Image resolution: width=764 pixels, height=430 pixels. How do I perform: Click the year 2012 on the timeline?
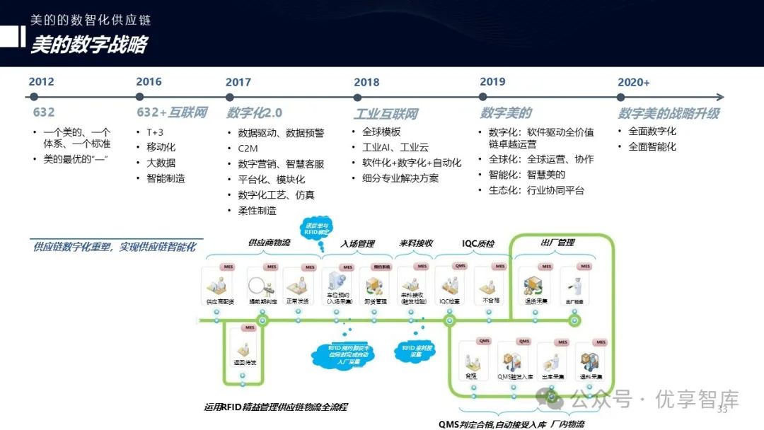tap(41, 82)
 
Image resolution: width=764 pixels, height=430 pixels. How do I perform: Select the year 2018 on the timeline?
tap(366, 83)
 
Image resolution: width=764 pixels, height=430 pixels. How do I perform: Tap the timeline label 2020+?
tap(633, 83)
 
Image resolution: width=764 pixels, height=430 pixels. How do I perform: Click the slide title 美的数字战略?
tap(88, 45)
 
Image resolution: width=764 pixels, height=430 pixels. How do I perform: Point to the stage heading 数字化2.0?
tap(255, 113)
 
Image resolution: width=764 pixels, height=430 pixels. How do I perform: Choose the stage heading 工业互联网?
tap(386, 114)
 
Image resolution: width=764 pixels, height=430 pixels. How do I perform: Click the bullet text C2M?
tap(248, 149)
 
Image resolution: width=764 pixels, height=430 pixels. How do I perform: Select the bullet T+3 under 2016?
tap(154, 132)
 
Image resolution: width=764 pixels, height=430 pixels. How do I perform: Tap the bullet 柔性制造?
tap(257, 211)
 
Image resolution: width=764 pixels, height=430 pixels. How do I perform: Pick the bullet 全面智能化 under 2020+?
tap(652, 147)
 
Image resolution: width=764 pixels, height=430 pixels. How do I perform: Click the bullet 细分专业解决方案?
tap(400, 178)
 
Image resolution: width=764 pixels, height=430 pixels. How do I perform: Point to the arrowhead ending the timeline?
tap(720, 97)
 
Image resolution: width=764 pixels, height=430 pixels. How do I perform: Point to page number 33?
tap(723, 411)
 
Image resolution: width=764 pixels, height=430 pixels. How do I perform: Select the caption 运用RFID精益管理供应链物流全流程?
tap(275, 407)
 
